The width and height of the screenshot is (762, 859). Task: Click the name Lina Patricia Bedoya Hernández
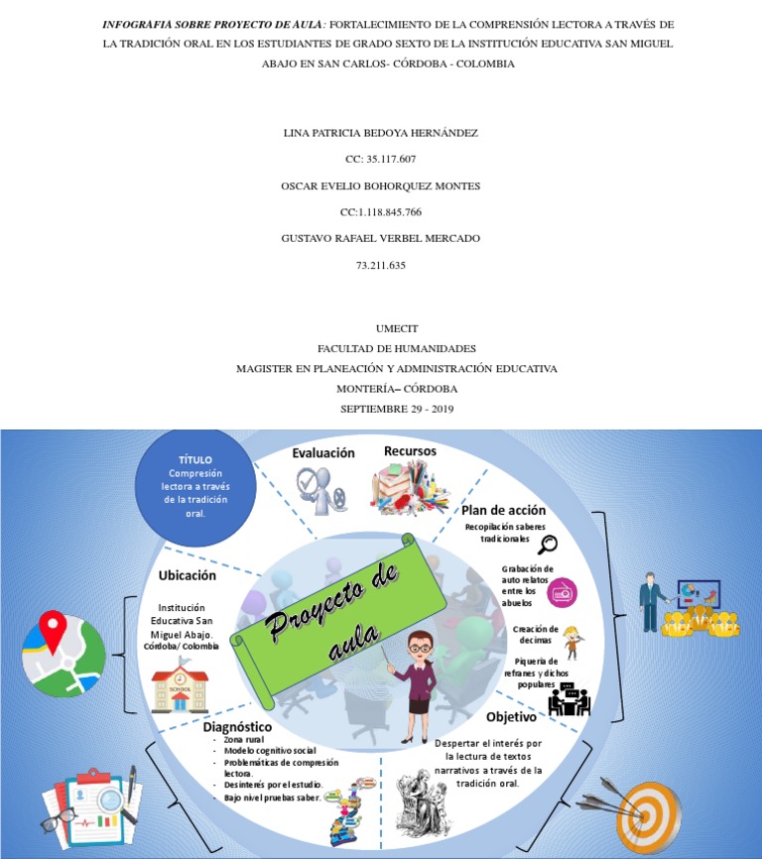(380, 132)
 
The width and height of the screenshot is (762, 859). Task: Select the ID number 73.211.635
(380, 265)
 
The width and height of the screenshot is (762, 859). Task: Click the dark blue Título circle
(195, 486)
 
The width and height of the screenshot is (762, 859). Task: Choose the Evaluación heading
(322, 452)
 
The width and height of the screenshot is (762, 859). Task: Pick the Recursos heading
(410, 451)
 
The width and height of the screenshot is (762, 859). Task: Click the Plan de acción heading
(503, 509)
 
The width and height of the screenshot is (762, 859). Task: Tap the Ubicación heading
(188, 575)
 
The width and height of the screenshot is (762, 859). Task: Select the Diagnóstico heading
(238, 727)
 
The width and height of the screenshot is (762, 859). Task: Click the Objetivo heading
(512, 716)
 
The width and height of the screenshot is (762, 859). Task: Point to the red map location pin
(52, 629)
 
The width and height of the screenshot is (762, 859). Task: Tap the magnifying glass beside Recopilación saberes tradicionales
(547, 543)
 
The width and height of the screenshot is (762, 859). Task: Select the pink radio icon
(562, 591)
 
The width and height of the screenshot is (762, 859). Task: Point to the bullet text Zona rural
(245, 740)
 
